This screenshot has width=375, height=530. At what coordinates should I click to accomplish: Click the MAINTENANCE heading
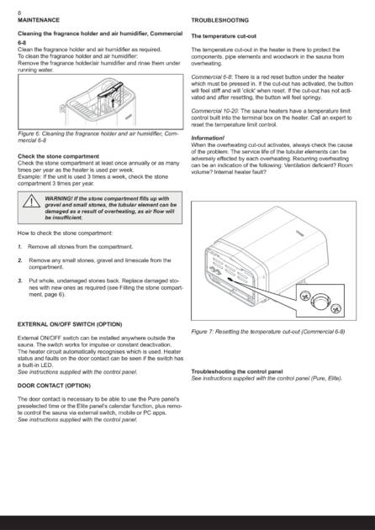pyautogui.click(x=39, y=20)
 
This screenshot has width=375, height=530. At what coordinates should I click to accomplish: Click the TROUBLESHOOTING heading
pyautogui.click(x=220, y=20)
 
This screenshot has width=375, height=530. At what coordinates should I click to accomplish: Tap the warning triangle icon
pyautogui.click(x=31, y=201)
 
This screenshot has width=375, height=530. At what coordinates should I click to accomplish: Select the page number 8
pyautogui.click(x=19, y=13)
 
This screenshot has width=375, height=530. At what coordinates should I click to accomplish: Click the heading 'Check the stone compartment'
pyautogui.click(x=58, y=156)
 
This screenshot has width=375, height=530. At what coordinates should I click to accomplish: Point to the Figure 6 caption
pyautogui.click(x=98, y=137)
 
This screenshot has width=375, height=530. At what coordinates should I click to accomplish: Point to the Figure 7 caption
pyautogui.click(x=267, y=331)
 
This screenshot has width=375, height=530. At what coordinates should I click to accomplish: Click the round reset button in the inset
pyautogui.click(x=320, y=300)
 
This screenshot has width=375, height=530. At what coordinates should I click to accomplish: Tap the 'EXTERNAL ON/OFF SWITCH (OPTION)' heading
pyautogui.click(x=70, y=324)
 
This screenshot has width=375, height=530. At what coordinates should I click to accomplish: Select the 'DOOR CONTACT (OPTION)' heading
pyautogui.click(x=54, y=386)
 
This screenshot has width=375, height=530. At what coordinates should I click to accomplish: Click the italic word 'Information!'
pyautogui.click(x=208, y=138)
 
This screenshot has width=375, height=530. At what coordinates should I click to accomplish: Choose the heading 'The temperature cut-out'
pyautogui.click(x=224, y=36)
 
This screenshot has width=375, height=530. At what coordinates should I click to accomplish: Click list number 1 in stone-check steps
pyautogui.click(x=19, y=247)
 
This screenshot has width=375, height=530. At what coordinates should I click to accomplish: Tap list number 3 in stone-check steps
pyautogui.click(x=20, y=281)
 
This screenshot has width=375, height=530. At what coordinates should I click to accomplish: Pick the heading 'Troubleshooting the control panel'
pyautogui.click(x=237, y=371)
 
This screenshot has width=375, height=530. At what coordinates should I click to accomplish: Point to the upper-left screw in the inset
pyautogui.click(x=304, y=296)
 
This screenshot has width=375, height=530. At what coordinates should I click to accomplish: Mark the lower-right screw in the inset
pyautogui.click(x=335, y=308)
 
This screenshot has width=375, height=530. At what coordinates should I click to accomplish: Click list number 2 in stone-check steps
pyautogui.click(x=20, y=260)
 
